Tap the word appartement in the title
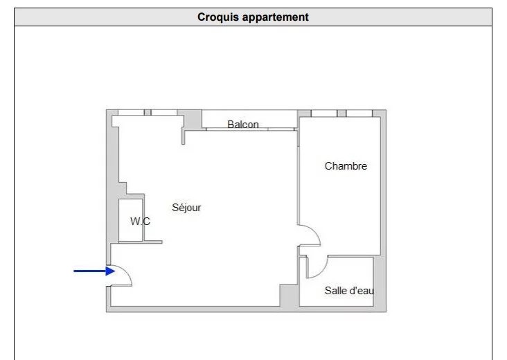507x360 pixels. click(x=276, y=17)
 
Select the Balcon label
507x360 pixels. click(x=243, y=125)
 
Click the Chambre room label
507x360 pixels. click(x=346, y=166)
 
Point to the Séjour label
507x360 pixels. click(x=186, y=207)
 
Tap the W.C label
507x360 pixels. click(x=141, y=222)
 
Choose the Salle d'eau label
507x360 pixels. click(x=349, y=291)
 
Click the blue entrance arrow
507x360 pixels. click(x=94, y=271)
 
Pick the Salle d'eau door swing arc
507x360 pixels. click(x=322, y=271)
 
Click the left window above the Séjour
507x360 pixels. click(x=131, y=112)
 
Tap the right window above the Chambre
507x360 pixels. click(x=359, y=113)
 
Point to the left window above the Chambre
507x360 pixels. click(x=324, y=113)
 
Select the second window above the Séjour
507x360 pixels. click(x=164, y=112)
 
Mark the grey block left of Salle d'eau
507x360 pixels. click(x=289, y=296)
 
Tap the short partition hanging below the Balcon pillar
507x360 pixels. click(x=183, y=136)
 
